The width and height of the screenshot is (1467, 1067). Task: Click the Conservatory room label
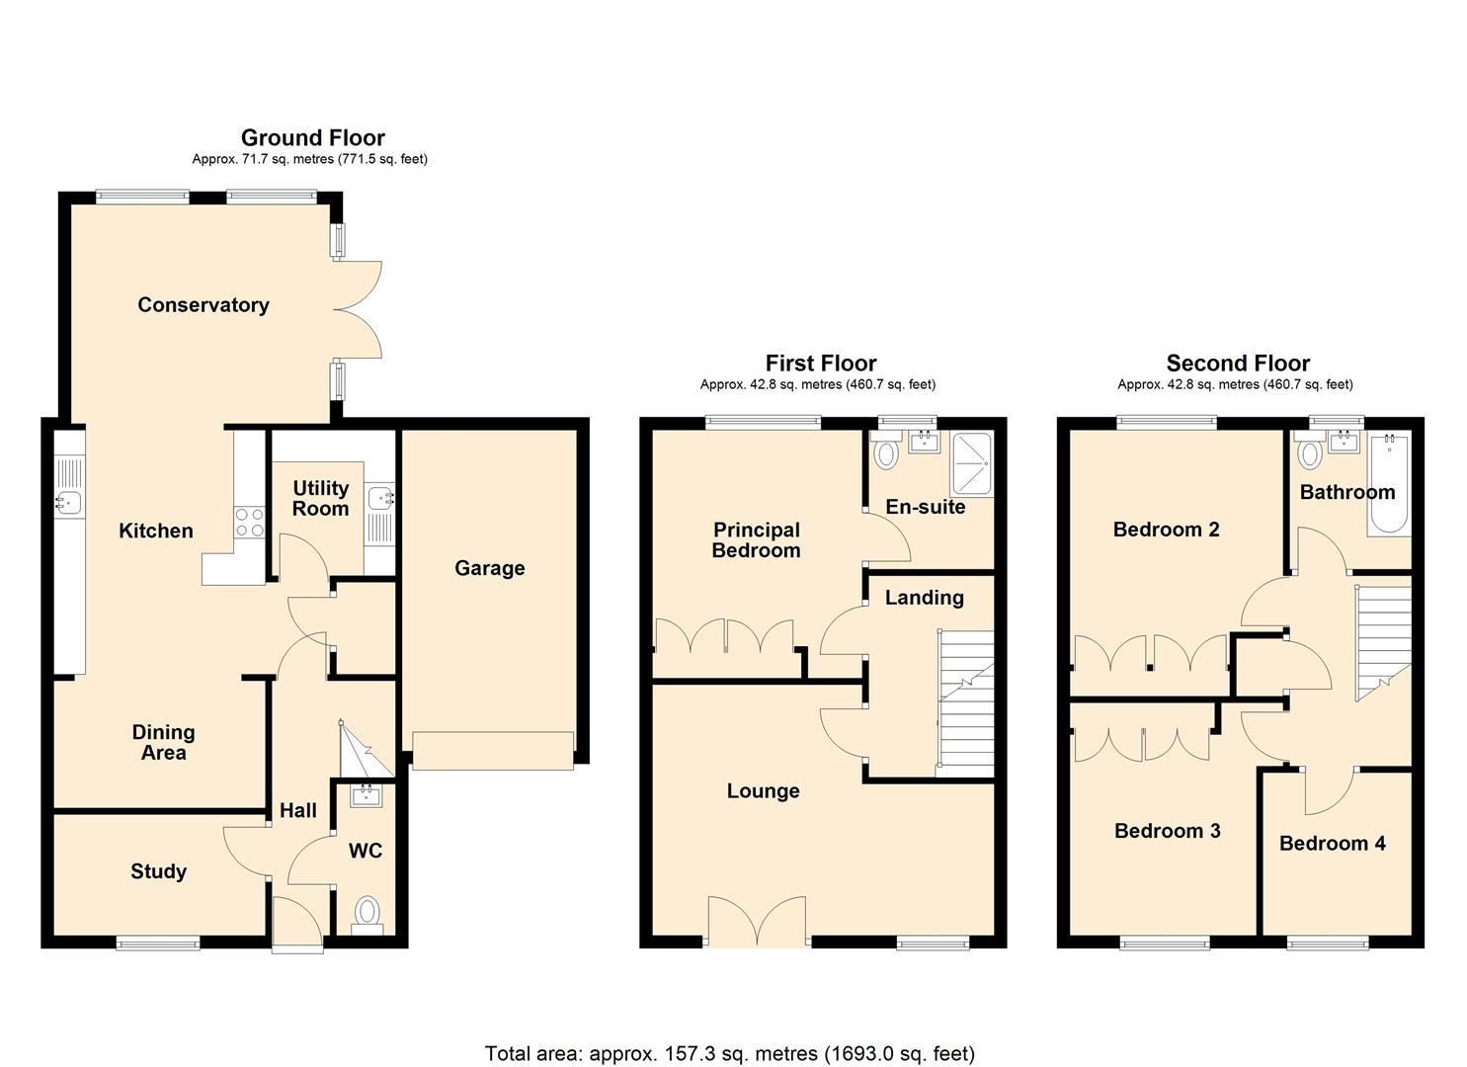tap(203, 305)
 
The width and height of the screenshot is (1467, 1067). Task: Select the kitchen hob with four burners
tap(250, 522)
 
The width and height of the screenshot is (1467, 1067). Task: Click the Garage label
tap(489, 568)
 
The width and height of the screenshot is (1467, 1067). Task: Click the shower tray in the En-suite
tap(971, 463)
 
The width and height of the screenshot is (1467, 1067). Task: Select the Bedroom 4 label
tap(1332, 843)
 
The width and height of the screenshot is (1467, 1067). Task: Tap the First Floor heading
tap(820, 363)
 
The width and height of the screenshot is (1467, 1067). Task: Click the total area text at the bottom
tap(729, 1053)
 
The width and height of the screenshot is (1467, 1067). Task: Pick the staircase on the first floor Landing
tap(965, 702)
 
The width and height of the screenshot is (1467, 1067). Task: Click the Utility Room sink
tap(379, 499)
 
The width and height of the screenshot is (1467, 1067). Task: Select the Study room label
tap(158, 871)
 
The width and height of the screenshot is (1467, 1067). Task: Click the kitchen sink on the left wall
tap(68, 502)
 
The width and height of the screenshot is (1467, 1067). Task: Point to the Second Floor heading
tap(1237, 363)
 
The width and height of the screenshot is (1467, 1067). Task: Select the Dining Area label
tap(163, 742)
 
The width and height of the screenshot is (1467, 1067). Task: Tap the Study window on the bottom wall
tap(158, 944)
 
